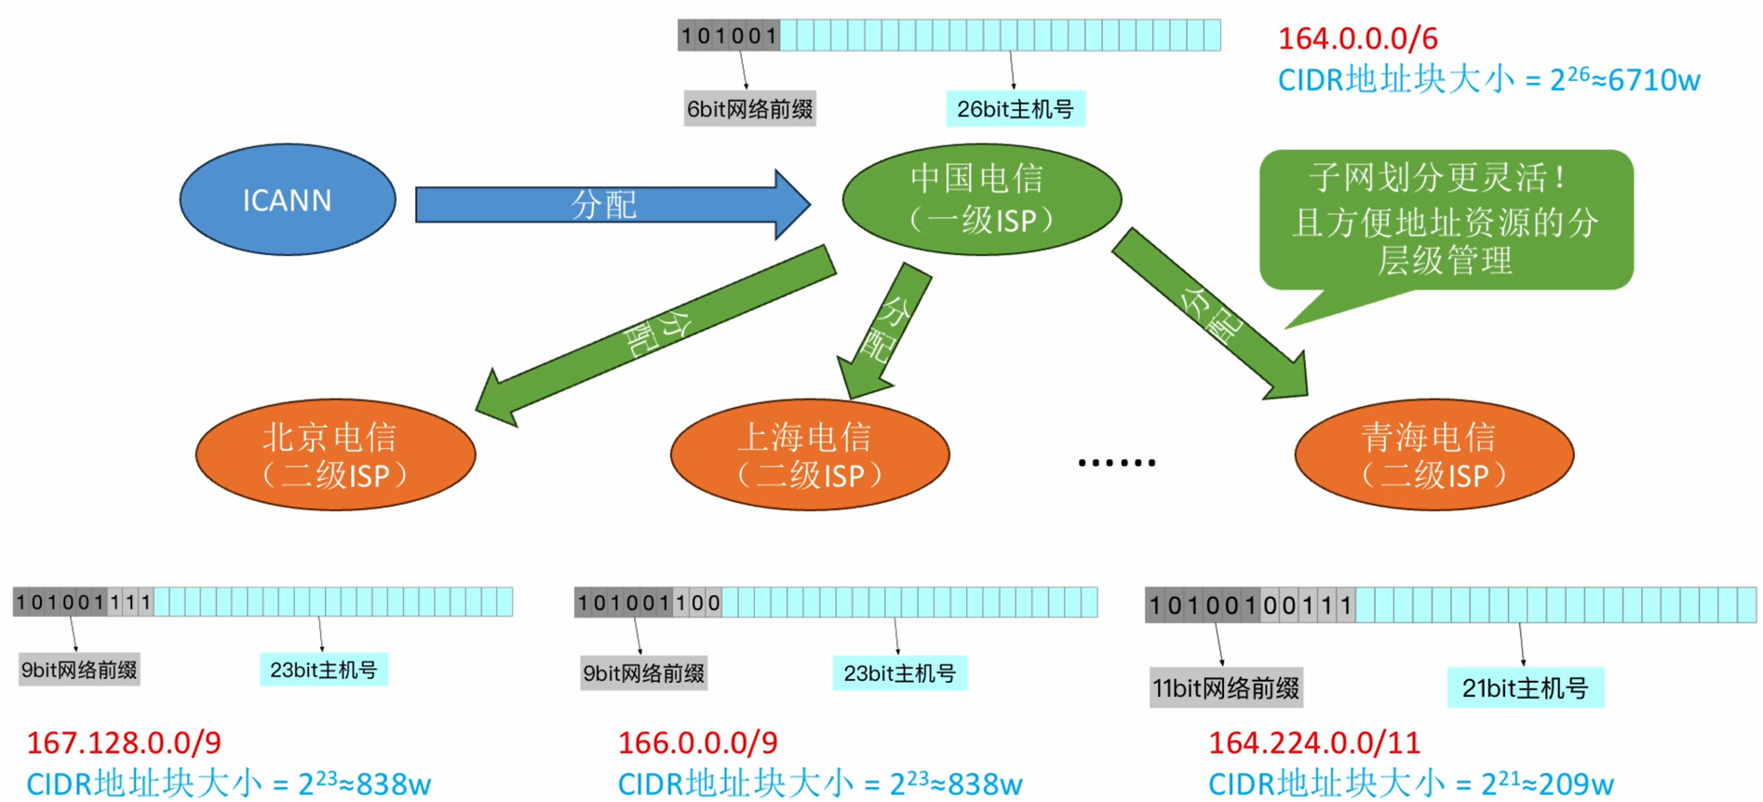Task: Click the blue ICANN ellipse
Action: (x=287, y=199)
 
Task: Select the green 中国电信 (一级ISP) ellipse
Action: (x=981, y=199)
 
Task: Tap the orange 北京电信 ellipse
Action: (x=335, y=455)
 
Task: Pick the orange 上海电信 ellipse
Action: (x=809, y=455)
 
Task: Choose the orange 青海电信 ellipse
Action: (x=1433, y=455)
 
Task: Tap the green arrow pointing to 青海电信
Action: (x=1210, y=314)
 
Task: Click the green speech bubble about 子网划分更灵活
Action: (x=1446, y=220)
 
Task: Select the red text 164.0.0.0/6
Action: (x=1357, y=39)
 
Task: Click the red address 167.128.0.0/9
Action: (x=124, y=742)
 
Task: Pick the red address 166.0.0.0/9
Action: (x=697, y=742)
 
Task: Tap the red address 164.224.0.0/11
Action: (x=1314, y=742)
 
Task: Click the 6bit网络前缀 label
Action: (x=749, y=109)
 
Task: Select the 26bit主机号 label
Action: (x=1015, y=109)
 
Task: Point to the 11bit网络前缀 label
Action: (x=1225, y=688)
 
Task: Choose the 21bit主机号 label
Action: (x=1524, y=688)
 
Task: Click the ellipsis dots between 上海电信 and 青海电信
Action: (x=1116, y=462)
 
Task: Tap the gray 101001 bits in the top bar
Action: (x=729, y=36)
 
